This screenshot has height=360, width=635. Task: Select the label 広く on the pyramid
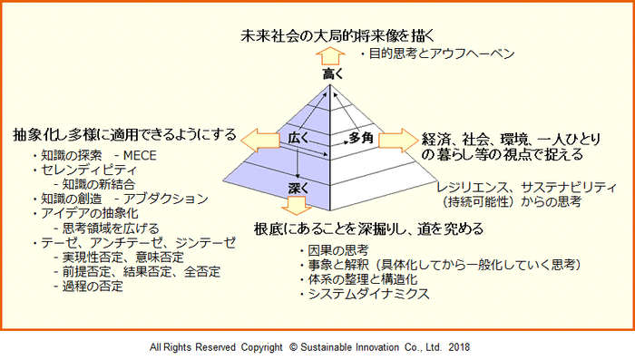[298, 139]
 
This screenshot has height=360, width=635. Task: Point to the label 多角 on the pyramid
[360, 139]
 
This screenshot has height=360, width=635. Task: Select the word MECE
[140, 155]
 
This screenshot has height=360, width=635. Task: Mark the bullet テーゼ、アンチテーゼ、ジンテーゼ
[137, 242]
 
